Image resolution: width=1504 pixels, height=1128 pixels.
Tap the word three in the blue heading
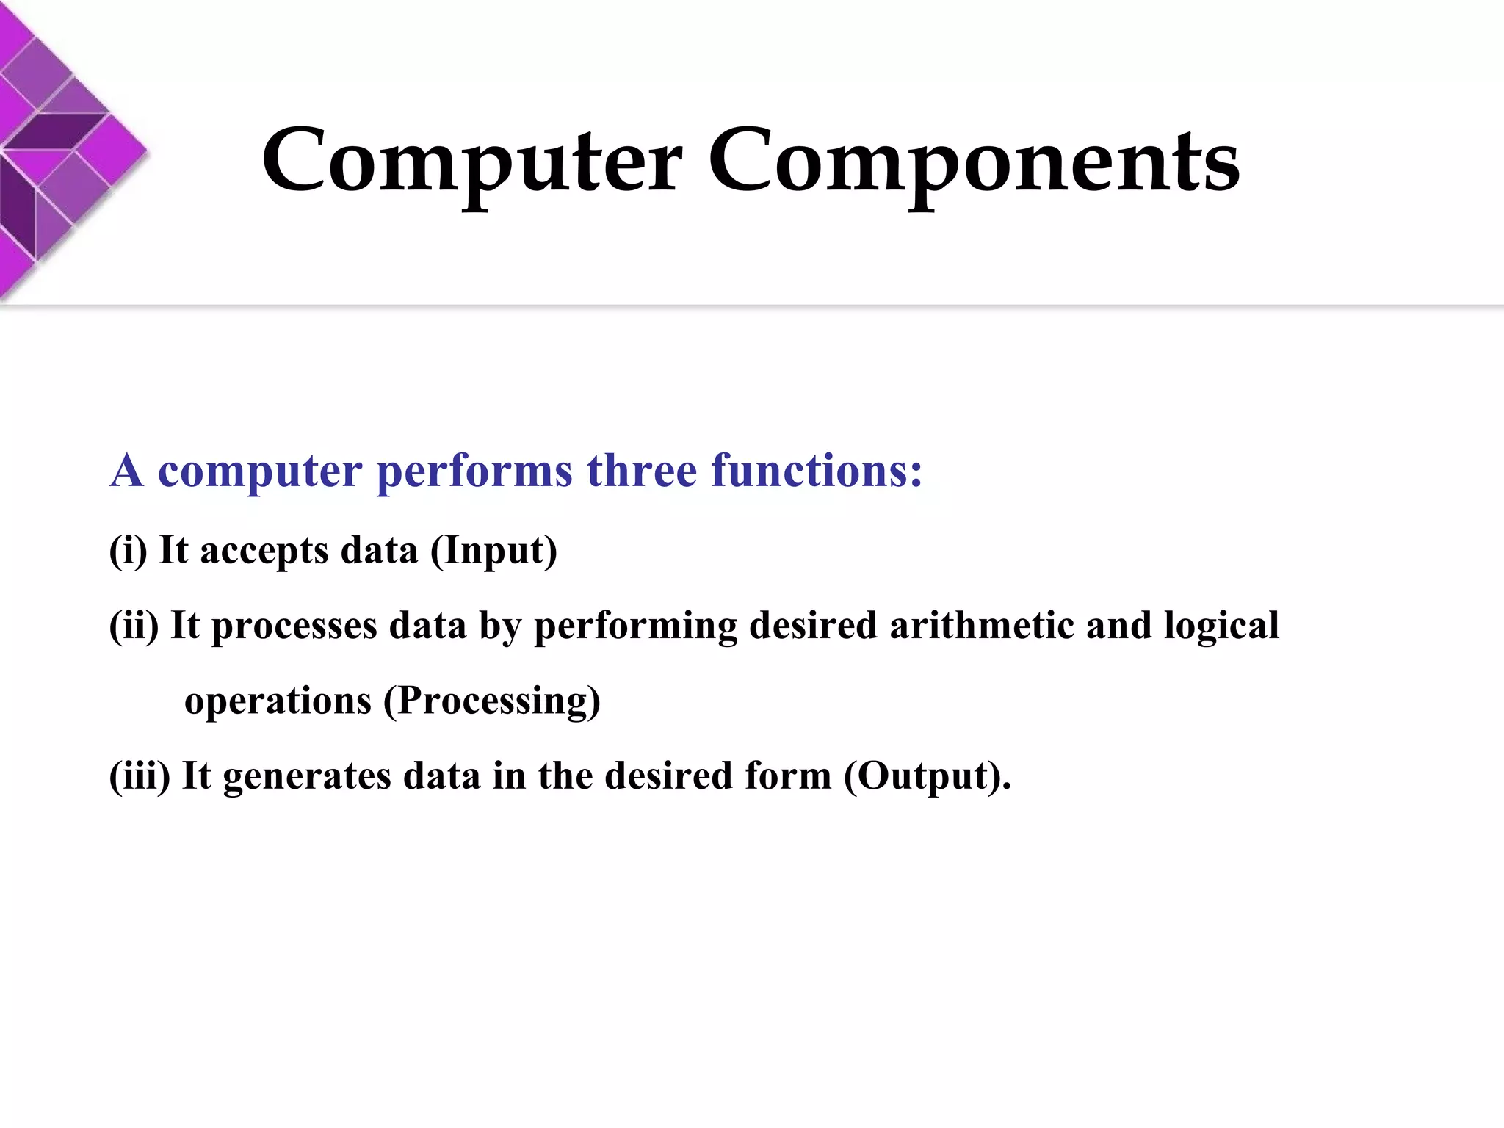point(641,471)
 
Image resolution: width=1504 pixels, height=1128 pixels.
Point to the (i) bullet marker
point(128,550)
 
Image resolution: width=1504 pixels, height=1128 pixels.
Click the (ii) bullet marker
point(134,626)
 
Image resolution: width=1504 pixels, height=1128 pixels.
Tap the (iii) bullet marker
point(140,775)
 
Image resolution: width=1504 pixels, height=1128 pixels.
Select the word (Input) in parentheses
point(493,551)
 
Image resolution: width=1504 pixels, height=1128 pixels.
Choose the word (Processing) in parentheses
point(492,701)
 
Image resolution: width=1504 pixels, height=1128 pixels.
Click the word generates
point(307,777)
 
